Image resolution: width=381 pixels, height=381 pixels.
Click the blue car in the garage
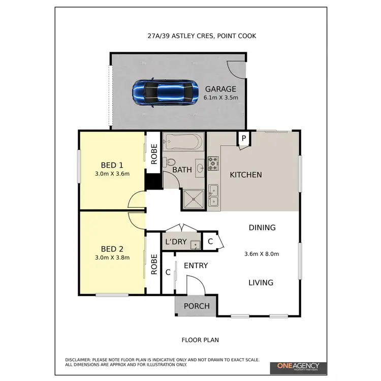(165, 92)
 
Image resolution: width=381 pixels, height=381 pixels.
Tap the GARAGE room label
(220, 89)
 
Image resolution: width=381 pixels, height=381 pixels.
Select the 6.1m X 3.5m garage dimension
(220, 98)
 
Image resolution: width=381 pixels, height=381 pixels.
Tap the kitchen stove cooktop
(213, 164)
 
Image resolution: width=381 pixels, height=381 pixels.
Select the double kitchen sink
(213, 196)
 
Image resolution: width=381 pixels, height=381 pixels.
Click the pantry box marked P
(243, 138)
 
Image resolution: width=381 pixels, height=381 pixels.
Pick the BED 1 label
(112, 165)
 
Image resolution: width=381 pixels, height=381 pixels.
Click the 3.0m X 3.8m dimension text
(112, 258)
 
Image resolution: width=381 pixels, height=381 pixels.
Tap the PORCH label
(196, 306)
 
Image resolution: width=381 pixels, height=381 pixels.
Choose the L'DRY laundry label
(175, 242)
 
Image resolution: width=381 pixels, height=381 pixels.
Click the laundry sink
(195, 245)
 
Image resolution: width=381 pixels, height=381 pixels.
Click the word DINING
(262, 228)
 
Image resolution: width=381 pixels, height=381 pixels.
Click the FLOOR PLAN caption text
(200, 340)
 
